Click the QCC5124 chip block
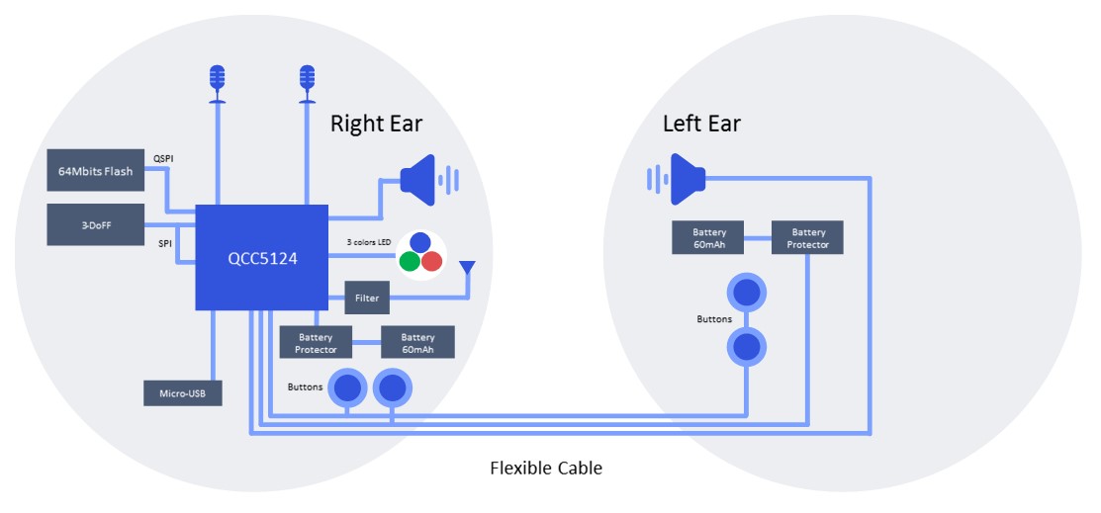point(261,257)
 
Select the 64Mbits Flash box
point(95,171)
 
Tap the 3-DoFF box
point(95,224)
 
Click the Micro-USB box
point(183,392)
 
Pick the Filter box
point(367,297)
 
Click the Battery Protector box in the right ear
point(316,343)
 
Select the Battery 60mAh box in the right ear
point(417,343)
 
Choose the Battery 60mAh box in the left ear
point(708,238)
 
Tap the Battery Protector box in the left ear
point(807,238)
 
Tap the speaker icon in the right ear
point(425,180)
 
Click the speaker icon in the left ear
point(681,179)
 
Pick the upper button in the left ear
point(746,293)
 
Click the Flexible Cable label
point(545,469)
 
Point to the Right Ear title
point(376,124)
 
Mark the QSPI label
point(164,157)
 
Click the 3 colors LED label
point(370,242)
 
